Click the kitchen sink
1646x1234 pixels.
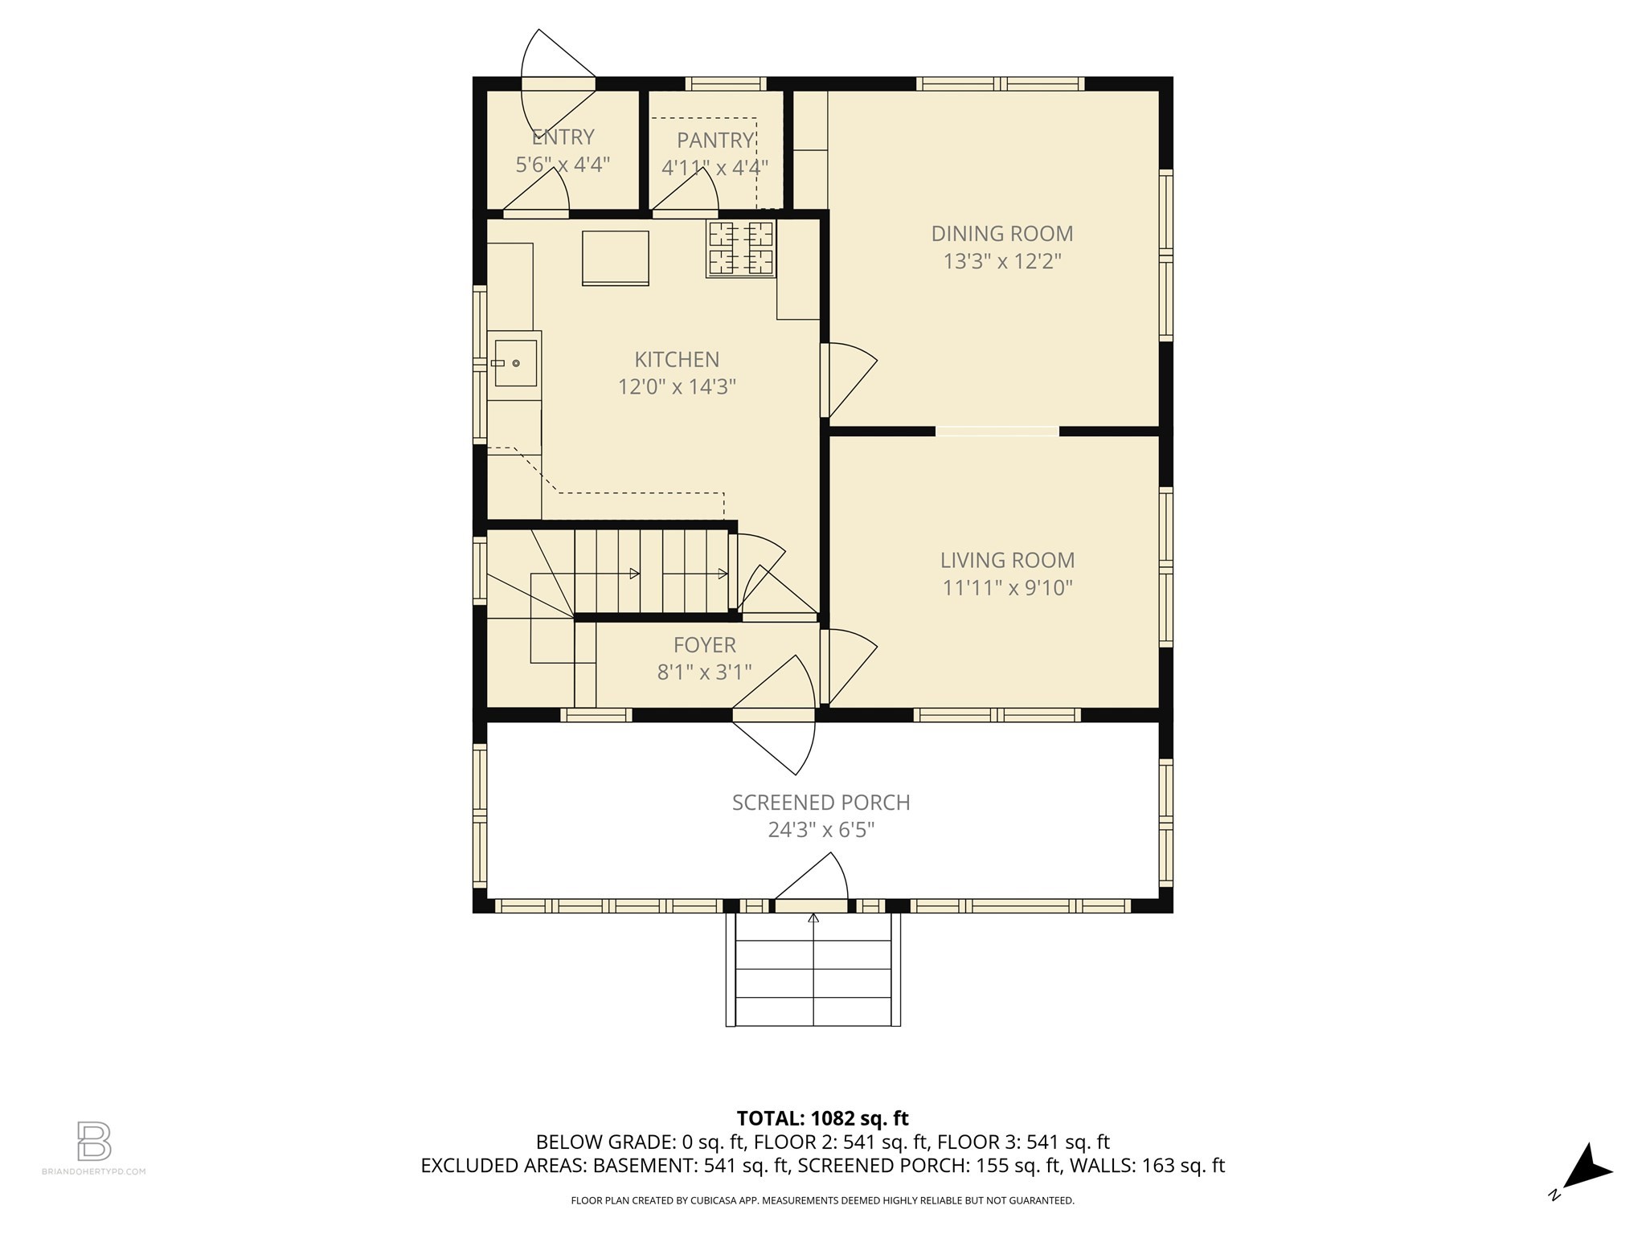coord(514,363)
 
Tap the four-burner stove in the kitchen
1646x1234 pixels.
coord(741,248)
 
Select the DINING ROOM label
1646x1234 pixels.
coord(1001,234)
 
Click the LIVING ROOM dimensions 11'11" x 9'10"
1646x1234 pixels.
coord(1007,588)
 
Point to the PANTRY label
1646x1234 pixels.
coord(714,141)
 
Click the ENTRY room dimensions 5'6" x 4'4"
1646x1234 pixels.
coord(562,165)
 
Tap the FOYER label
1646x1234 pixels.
coord(704,645)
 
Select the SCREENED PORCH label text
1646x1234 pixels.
coord(821,803)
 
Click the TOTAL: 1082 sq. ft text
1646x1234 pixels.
coord(822,1118)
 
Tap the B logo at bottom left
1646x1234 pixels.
coord(94,1141)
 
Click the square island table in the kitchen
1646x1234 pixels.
coord(615,257)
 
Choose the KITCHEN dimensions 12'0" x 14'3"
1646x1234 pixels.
coord(677,387)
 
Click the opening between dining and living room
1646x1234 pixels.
coord(997,431)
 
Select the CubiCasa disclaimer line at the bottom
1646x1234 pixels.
coord(822,1200)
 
